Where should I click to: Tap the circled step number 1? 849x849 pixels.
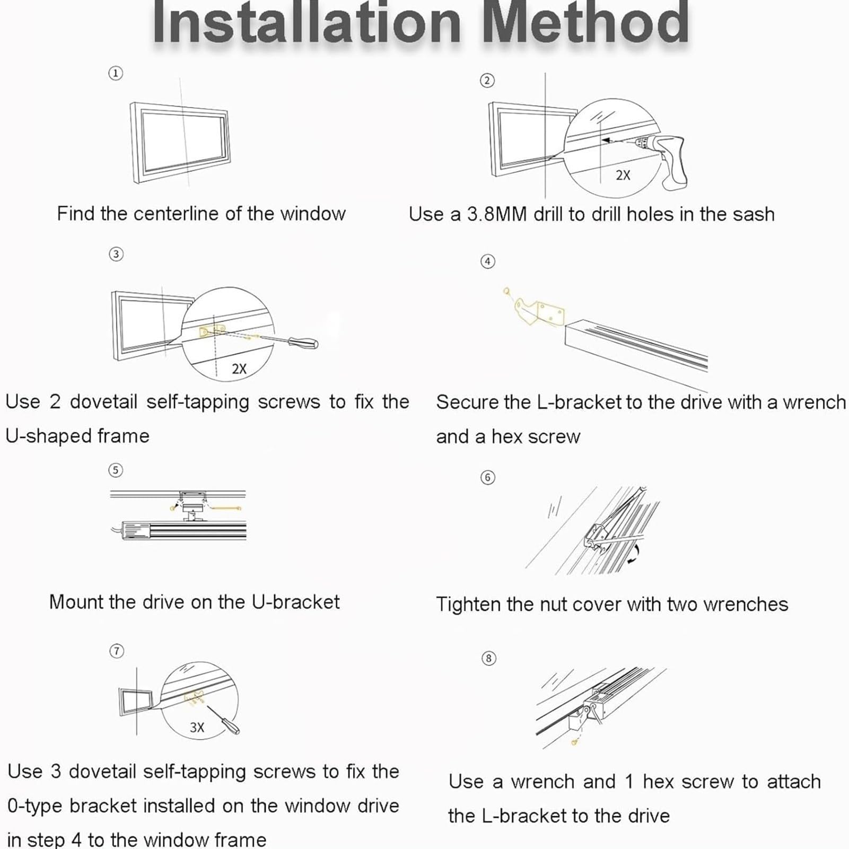pyautogui.click(x=116, y=73)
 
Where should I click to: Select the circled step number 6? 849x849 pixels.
pyautogui.click(x=488, y=477)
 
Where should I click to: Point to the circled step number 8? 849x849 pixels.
pyautogui.click(x=488, y=659)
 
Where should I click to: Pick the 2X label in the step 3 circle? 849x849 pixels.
pyautogui.click(x=239, y=369)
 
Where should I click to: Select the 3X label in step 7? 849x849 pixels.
pyautogui.click(x=197, y=727)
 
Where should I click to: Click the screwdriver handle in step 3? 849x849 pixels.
pyautogui.click(x=303, y=342)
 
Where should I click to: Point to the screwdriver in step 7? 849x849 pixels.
pyautogui.click(x=223, y=720)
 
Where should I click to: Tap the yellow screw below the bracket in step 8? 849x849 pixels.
pyautogui.click(x=574, y=742)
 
